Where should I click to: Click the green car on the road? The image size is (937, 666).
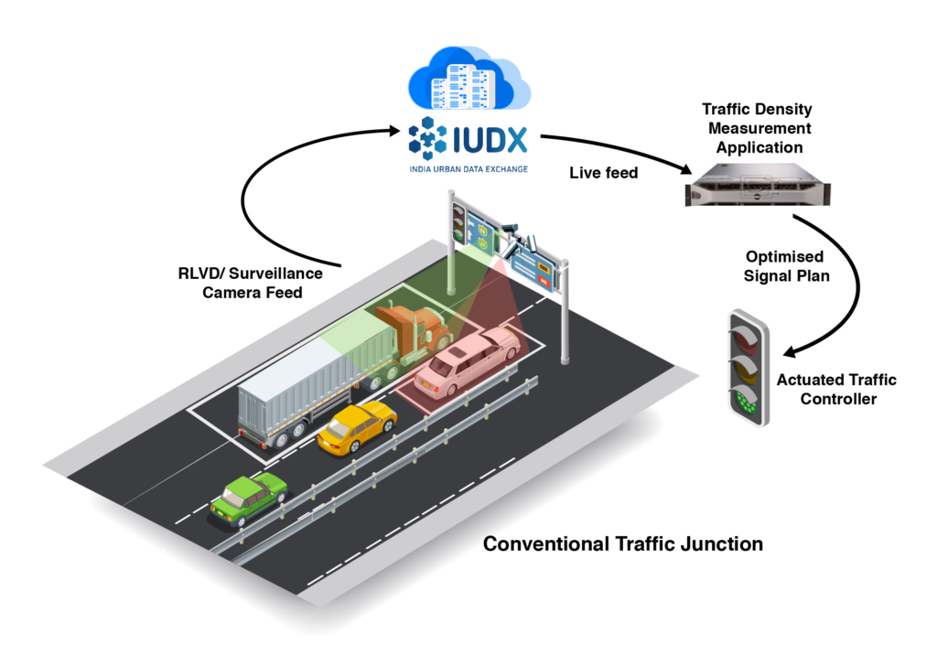point(246,499)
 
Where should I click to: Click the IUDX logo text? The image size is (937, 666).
point(490,140)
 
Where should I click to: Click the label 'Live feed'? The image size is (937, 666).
point(603,173)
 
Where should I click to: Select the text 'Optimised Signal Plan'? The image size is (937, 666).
point(784,265)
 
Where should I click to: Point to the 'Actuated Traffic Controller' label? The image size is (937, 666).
point(836,389)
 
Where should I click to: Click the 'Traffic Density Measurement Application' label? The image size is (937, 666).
point(757,128)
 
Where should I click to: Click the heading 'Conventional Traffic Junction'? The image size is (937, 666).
point(622,543)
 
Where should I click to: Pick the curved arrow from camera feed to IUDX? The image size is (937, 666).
point(265,183)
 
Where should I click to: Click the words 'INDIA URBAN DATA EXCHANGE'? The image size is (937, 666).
point(468,169)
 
